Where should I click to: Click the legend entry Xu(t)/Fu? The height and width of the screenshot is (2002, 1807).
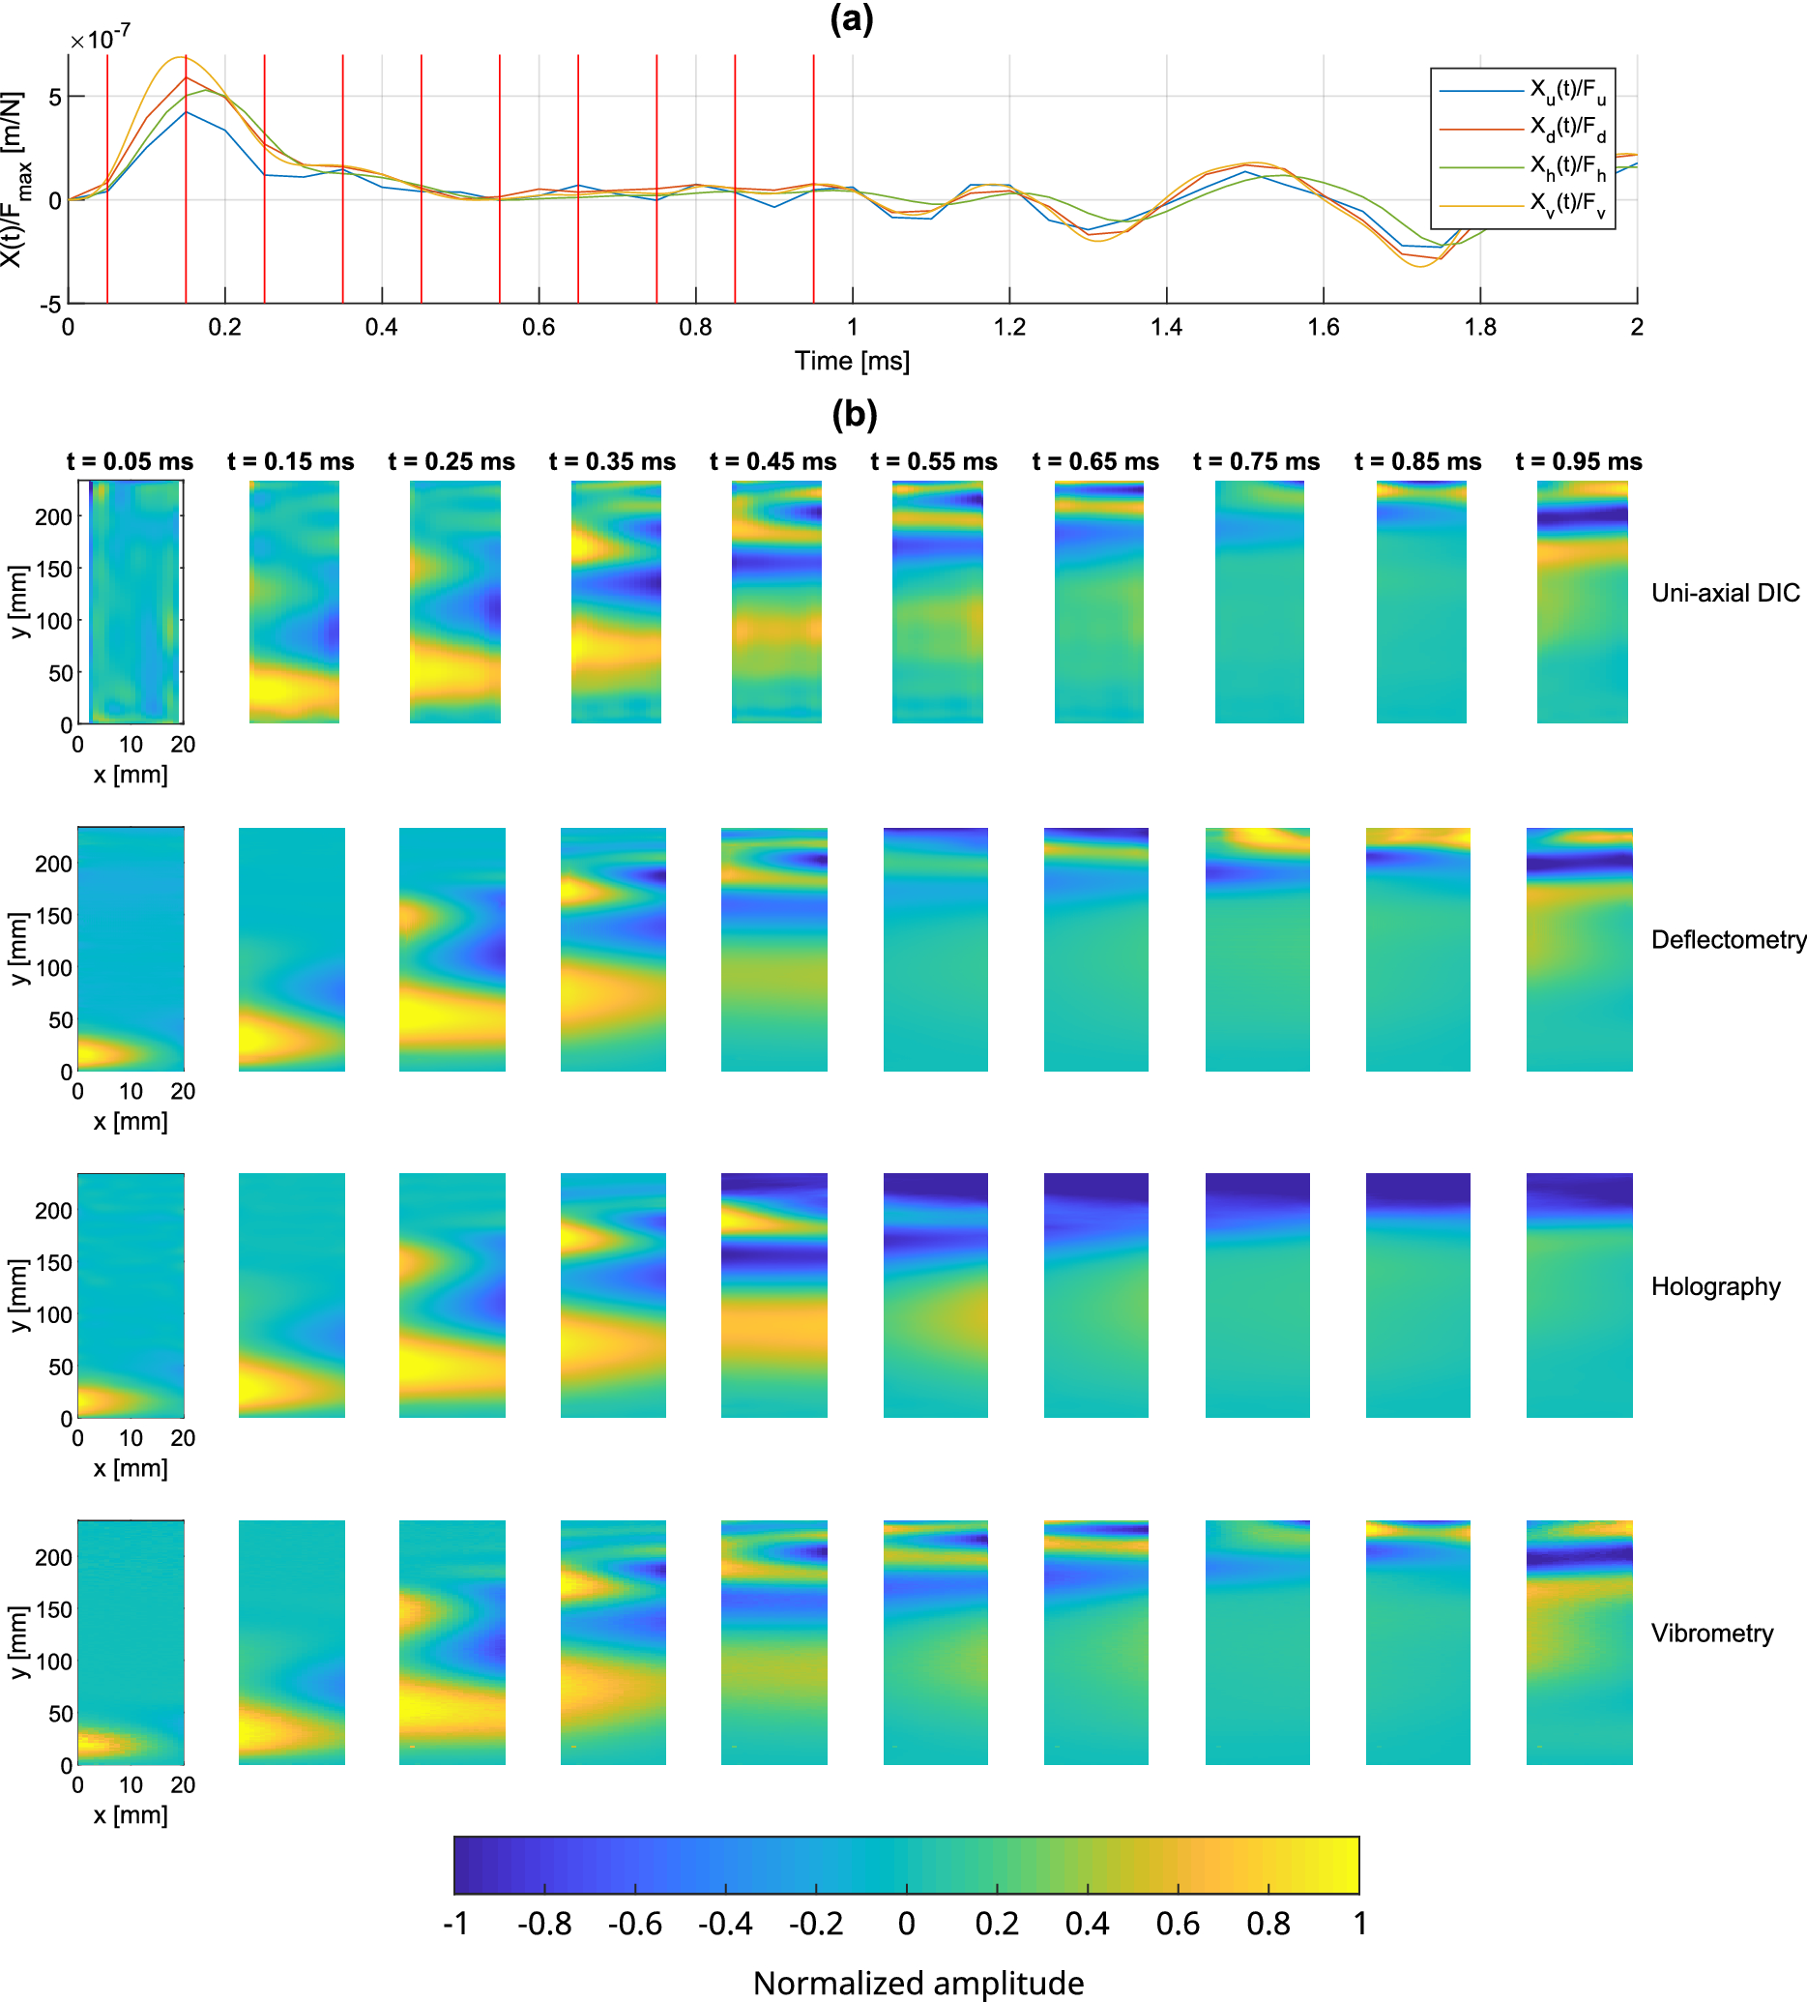click(1565, 91)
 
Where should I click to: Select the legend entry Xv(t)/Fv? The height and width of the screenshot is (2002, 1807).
click(1565, 205)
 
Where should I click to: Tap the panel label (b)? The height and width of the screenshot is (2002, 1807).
click(854, 413)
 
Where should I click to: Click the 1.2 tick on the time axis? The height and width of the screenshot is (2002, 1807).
click(1008, 327)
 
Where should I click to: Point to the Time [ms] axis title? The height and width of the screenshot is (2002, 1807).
click(851, 361)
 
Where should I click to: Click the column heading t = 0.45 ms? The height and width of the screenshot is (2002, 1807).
click(772, 461)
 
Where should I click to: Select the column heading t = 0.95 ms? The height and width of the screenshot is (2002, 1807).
click(1579, 461)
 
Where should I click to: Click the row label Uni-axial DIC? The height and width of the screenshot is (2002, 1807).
click(1725, 593)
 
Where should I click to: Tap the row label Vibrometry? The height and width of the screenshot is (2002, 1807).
click(1711, 1633)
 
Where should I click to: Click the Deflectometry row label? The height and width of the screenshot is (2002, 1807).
click(1728, 939)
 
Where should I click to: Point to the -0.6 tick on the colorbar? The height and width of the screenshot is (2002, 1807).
click(634, 1924)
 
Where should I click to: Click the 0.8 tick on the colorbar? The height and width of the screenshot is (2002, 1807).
click(1268, 1924)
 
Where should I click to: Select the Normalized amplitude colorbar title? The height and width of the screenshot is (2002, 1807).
click(918, 1982)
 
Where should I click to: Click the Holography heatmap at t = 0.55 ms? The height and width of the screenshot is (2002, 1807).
click(935, 1295)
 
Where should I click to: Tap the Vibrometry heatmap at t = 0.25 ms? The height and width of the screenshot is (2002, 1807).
click(452, 1641)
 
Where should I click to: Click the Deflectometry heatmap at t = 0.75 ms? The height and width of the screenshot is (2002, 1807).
click(1257, 950)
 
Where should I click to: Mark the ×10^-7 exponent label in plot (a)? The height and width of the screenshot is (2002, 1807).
click(100, 39)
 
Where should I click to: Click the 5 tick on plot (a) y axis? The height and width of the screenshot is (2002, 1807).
click(54, 97)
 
